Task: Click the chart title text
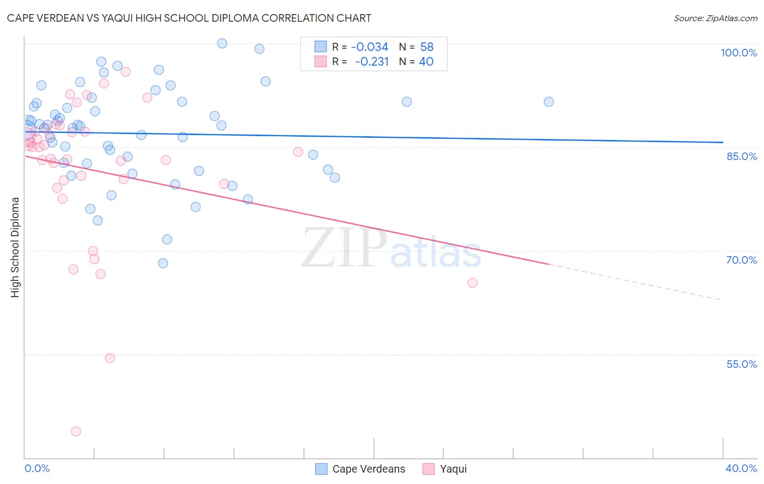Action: [189, 18]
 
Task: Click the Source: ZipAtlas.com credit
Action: [715, 18]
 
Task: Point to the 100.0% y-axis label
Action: [738, 53]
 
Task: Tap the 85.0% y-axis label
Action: [742, 156]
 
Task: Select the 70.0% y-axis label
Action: [741, 260]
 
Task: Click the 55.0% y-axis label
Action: [741, 364]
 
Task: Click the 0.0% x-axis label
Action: [37, 468]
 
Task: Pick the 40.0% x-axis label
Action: [741, 468]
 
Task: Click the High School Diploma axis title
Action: [15, 247]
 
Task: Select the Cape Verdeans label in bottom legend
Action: [368, 469]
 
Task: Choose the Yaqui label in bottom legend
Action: [453, 469]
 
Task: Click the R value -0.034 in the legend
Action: [370, 47]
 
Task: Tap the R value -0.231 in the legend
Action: [372, 62]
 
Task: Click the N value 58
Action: [427, 47]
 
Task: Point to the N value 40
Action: [426, 62]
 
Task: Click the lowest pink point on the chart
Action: [76, 431]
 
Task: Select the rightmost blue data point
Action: [549, 102]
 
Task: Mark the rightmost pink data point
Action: [473, 283]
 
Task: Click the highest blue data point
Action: [222, 43]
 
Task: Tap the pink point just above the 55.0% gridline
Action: [110, 358]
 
